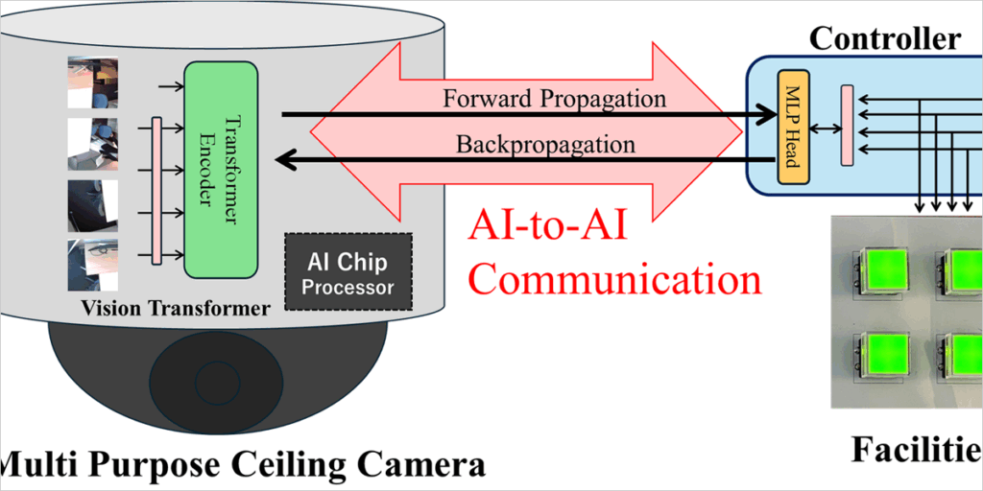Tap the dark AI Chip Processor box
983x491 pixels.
[348, 271]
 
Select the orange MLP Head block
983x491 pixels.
[794, 129]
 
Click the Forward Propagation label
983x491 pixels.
[554, 99]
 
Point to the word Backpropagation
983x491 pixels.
[545, 145]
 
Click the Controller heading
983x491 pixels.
[884, 38]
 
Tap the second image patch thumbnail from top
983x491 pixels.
[93, 144]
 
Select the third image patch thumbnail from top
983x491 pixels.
[93, 204]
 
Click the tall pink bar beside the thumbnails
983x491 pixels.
[156, 189]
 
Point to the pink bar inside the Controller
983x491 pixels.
[847, 125]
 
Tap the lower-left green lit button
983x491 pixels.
[887, 358]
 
